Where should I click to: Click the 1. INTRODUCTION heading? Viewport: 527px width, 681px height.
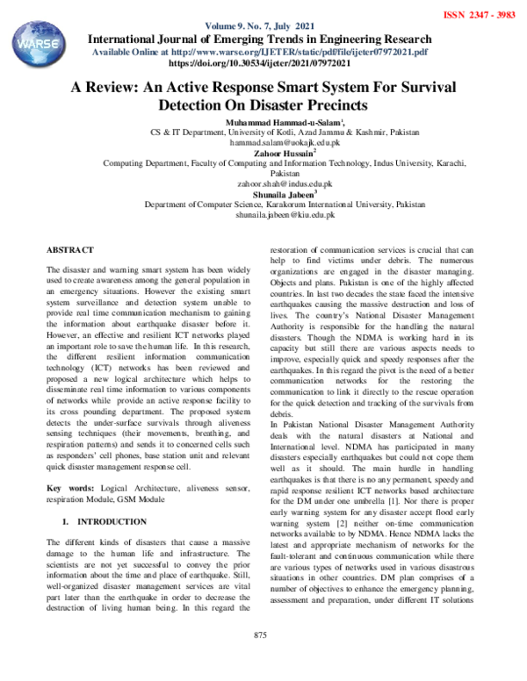tap(98, 522)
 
